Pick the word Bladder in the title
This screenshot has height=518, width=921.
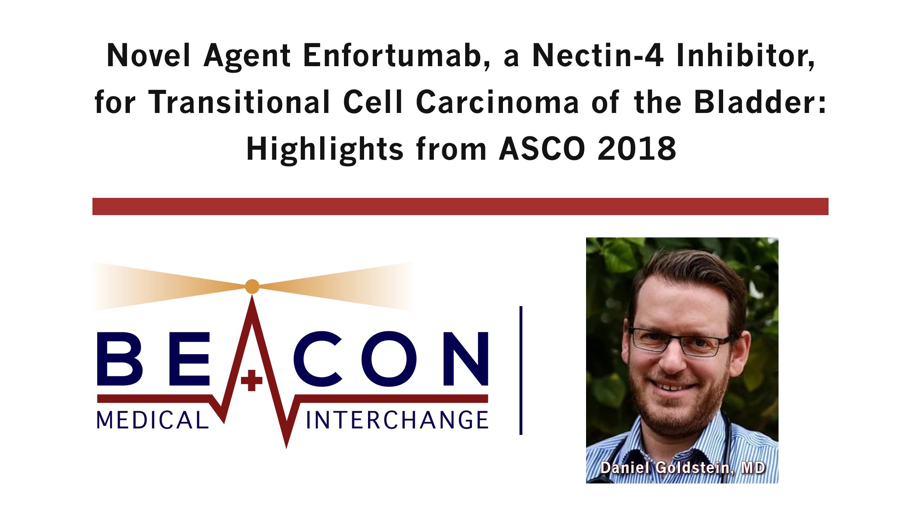click(773, 102)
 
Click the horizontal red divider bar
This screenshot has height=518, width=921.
click(460, 206)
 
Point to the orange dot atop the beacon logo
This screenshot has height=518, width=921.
click(252, 287)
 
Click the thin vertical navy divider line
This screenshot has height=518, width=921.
click(521, 370)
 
